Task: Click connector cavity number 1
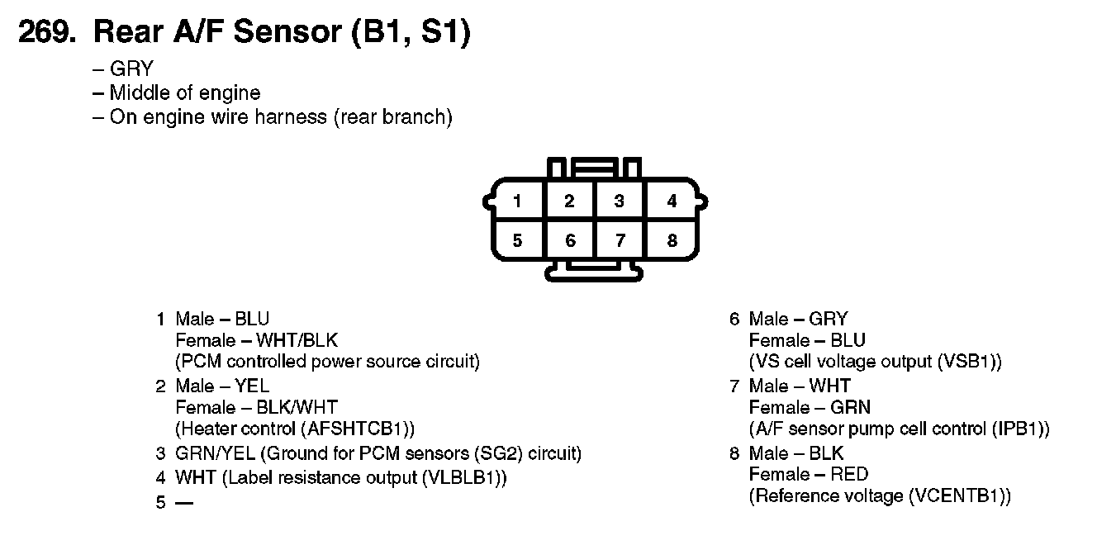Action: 517,201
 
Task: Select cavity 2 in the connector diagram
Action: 569,201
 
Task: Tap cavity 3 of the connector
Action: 620,201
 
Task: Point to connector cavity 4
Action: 672,201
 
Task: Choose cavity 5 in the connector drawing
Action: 517,241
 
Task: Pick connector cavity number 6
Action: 569,241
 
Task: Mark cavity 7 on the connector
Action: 620,241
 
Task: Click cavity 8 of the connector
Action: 672,241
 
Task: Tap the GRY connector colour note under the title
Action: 131,69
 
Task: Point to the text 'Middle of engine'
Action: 185,92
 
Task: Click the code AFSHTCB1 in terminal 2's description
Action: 355,429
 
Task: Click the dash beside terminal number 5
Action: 184,502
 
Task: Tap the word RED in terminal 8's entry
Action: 849,475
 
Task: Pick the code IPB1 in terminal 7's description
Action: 1020,429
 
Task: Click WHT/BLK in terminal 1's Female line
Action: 297,340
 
